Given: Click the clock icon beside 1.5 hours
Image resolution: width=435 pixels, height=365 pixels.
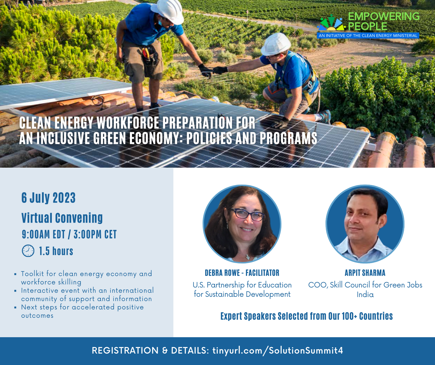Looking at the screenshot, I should coord(28,251).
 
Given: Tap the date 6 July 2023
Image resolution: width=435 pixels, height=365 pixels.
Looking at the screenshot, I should coord(48,198).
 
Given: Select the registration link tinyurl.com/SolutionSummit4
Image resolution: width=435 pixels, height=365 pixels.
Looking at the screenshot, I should coord(278,350).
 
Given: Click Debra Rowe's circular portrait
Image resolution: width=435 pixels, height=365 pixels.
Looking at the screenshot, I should coord(242,224).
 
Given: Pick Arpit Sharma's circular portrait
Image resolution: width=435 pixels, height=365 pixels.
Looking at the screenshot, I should coord(365,224).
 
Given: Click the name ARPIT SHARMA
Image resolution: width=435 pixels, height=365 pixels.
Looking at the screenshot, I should coord(365,273).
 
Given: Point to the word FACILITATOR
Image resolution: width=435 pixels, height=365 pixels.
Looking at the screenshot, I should coord(262,273).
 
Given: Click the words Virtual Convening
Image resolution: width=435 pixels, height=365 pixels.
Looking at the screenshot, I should coord(62,218).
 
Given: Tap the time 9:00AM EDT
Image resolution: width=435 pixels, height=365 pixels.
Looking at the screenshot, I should coord(43,234).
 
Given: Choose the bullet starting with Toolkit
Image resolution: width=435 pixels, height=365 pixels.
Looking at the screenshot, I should coord(86,278).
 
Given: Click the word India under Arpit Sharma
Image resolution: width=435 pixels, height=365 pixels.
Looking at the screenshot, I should coord(365,295).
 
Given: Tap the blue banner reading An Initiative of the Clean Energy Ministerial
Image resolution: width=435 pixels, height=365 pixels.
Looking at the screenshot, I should coord(368,36).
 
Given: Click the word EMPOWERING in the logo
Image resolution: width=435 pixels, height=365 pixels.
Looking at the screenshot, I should coord(384,16).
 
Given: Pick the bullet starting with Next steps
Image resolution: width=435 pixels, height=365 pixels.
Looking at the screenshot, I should coord(82,311).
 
